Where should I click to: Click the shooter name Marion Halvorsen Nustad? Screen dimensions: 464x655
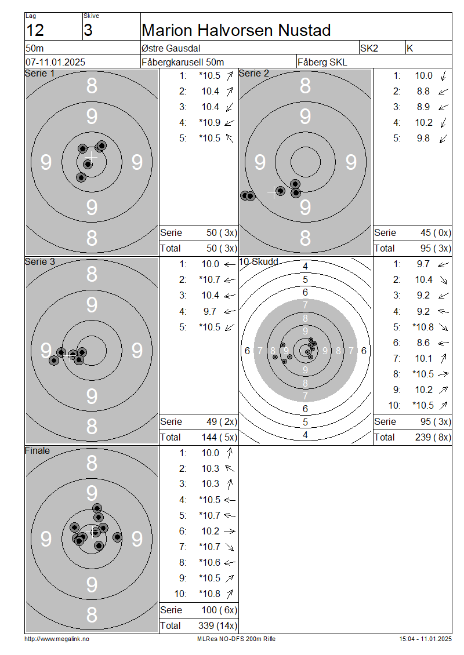(236, 30)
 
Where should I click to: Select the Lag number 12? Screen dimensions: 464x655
(35, 30)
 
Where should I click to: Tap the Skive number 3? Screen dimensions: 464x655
(88, 30)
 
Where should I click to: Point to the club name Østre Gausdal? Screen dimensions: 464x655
(171, 48)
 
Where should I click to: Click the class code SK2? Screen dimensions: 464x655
(369, 48)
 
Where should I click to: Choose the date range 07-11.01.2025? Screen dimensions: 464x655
(55, 62)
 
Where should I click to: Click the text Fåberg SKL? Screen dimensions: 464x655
(322, 62)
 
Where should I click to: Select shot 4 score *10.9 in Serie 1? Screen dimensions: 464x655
(210, 122)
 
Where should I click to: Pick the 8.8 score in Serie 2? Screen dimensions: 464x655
(423, 91)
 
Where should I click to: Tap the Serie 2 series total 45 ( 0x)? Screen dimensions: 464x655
(436, 232)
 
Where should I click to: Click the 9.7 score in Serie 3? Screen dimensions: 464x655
(210, 311)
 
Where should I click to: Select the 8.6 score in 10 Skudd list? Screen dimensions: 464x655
(423, 343)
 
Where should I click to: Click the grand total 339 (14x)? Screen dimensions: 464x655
(217, 626)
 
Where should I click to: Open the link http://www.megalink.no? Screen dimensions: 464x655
(57, 639)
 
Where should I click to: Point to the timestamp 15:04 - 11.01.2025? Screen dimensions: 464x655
(425, 639)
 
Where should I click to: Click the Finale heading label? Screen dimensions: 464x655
(37, 451)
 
